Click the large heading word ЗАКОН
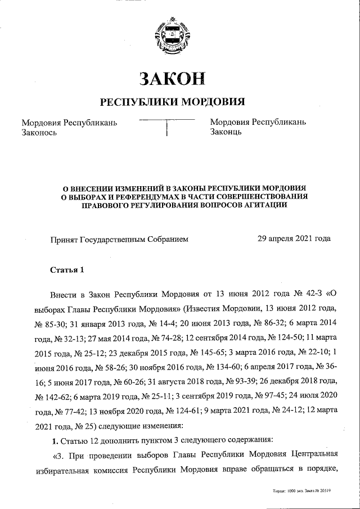pyautogui.click(x=172, y=78)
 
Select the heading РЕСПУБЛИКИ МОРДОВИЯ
pyautogui.click(x=172, y=102)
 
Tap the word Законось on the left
pyautogui.click(x=39, y=133)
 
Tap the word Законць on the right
pyautogui.click(x=226, y=133)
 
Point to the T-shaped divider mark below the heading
pyautogui.click(x=167, y=127)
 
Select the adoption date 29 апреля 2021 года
pyautogui.click(x=294, y=238)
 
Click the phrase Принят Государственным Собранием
pyautogui.click(x=119, y=238)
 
